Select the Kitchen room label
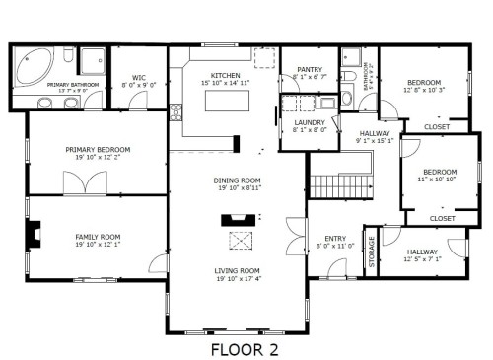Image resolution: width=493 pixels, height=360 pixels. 227,75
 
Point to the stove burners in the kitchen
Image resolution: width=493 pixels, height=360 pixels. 177,112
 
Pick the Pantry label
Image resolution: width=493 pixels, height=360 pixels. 311,69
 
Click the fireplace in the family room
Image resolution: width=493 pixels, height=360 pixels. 35,236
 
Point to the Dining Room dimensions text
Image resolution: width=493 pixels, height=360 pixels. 238,187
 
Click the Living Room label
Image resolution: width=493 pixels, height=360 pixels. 238,270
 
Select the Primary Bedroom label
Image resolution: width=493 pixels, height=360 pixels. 98,150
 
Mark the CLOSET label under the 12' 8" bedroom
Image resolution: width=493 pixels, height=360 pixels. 436,127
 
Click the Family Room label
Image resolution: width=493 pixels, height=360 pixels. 98,237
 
